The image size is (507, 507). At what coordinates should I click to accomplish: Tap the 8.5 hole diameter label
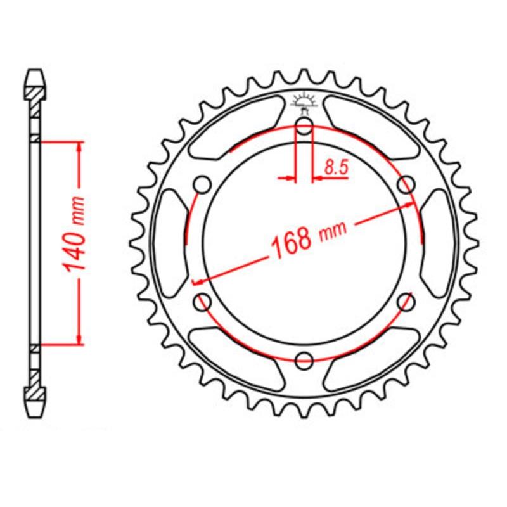coord(335,168)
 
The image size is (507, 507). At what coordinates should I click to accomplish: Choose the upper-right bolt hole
coord(406,184)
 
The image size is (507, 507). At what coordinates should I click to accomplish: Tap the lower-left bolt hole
coord(203,302)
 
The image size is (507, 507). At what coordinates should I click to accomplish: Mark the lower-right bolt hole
coord(405,302)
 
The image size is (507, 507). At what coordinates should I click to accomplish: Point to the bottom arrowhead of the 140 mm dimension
coord(80,338)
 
